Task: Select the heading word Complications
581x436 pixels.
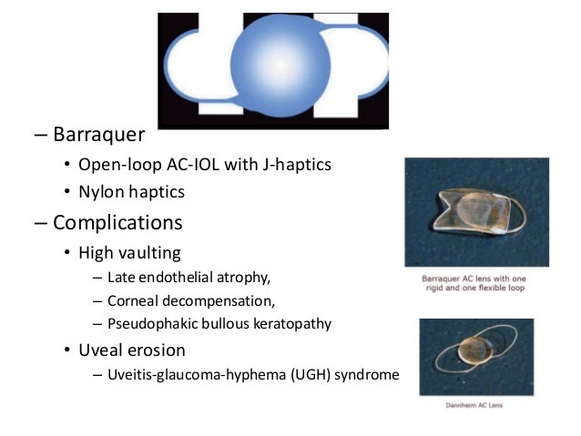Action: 117,222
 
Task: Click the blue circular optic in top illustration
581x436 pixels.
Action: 271,64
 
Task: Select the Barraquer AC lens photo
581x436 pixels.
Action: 476,212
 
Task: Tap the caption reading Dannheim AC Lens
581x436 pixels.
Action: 477,404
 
